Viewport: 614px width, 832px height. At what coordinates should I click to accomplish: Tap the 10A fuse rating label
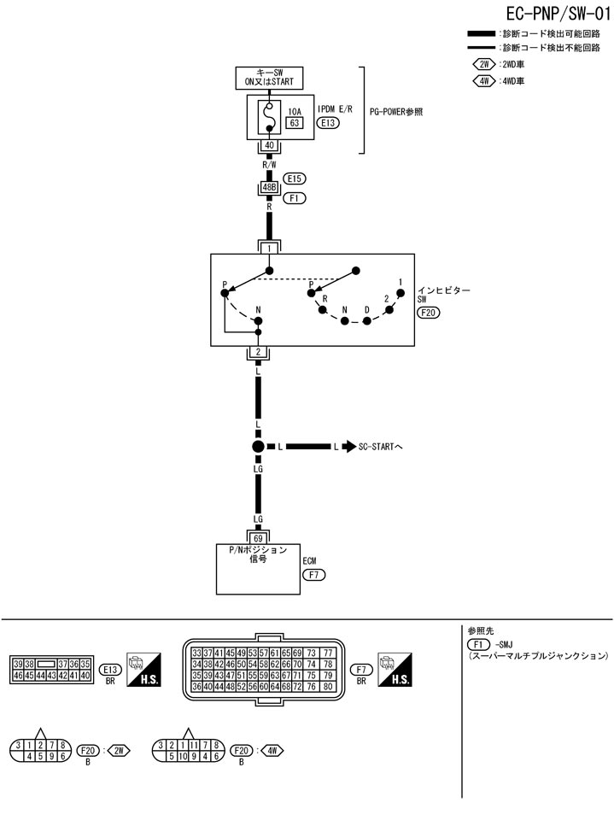click(294, 111)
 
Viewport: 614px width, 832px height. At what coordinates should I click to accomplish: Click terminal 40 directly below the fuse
click(269, 145)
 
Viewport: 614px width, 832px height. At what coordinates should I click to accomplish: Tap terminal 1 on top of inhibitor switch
click(269, 248)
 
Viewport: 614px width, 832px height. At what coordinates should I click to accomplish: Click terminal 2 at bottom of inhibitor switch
click(259, 352)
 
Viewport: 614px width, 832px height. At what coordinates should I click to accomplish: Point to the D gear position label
click(367, 311)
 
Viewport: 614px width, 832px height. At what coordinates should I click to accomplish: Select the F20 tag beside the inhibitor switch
click(429, 313)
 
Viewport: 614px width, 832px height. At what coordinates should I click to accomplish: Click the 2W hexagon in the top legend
click(484, 64)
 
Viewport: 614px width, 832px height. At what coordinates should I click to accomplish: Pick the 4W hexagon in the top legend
click(484, 81)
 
